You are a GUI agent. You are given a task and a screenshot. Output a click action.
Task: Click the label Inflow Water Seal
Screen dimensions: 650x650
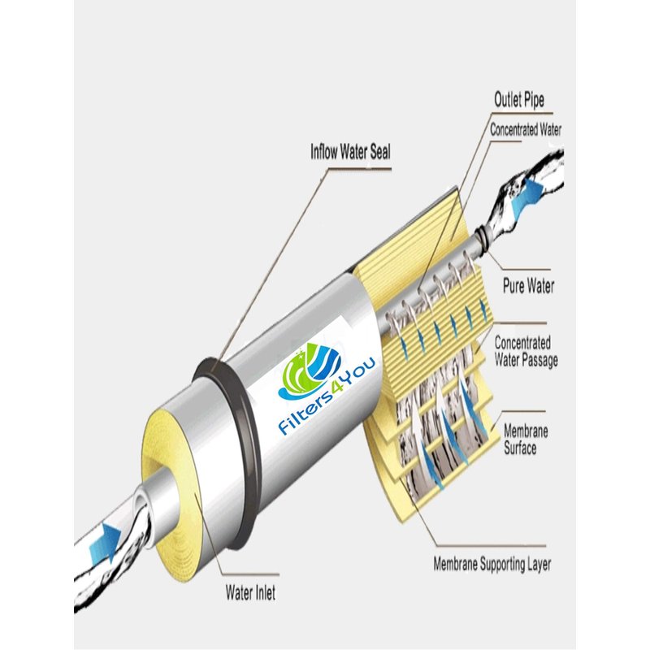[x=350, y=152]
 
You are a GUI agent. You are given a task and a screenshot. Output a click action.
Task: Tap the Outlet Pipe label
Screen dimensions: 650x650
[x=519, y=99]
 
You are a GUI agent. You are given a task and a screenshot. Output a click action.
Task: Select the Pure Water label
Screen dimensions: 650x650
[x=529, y=286]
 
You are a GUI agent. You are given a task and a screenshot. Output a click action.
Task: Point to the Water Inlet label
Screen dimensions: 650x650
[x=250, y=592]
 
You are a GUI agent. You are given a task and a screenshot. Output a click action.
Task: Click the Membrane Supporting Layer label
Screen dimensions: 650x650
[x=492, y=564]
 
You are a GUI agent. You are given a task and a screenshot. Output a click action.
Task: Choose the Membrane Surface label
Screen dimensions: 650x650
[x=526, y=440]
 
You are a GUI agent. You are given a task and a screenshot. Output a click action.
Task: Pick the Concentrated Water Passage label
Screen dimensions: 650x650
[x=526, y=352]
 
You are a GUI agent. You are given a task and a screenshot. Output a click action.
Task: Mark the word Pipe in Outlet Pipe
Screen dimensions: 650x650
[x=532, y=100]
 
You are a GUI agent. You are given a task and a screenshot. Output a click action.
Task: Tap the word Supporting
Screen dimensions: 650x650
[x=501, y=565]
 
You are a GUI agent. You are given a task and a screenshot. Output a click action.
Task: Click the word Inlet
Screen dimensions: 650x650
[x=264, y=592]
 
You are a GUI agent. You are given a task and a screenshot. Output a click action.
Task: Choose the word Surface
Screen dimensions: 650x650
[x=520, y=448]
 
